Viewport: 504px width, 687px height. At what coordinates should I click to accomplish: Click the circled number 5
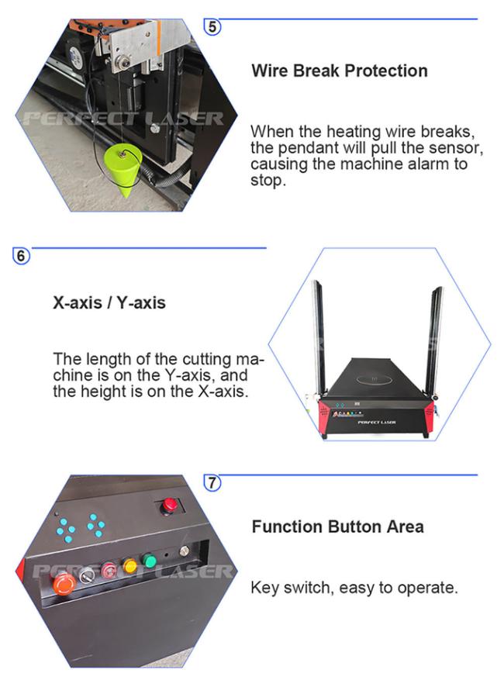click(212, 27)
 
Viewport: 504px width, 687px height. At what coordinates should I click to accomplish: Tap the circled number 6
click(21, 255)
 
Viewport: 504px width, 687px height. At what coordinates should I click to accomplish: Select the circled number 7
click(212, 483)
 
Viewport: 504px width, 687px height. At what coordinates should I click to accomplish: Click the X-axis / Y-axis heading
click(109, 302)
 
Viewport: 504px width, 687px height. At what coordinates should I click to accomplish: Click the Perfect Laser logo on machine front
click(377, 423)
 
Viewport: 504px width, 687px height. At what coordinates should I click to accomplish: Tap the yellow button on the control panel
click(129, 565)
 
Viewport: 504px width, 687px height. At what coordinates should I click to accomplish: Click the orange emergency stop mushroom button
click(64, 584)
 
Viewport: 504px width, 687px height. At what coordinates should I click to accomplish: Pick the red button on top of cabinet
click(169, 506)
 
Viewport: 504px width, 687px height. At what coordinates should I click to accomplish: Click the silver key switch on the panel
click(87, 575)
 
